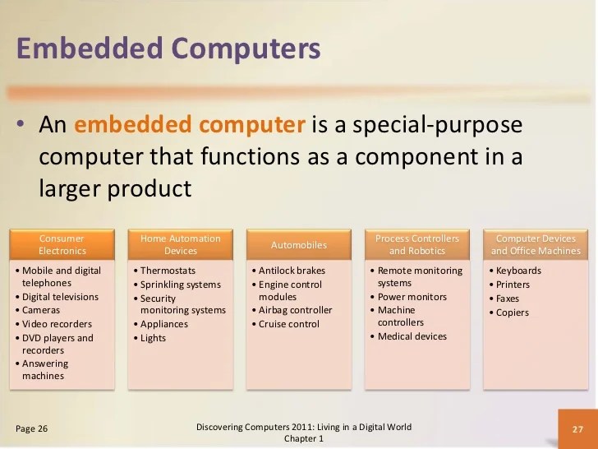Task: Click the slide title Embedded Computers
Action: [168, 49]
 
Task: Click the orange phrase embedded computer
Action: [190, 125]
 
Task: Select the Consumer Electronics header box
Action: [62, 244]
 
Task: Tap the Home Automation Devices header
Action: [181, 244]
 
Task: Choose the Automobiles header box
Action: [299, 244]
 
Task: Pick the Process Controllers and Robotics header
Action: [417, 244]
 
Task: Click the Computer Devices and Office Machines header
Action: [536, 244]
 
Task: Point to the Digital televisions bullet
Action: [60, 297]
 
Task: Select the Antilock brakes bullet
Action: [292, 271]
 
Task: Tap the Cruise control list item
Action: [288, 324]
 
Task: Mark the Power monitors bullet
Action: [412, 297]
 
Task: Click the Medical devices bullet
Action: [412, 336]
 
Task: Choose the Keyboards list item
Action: [518, 271]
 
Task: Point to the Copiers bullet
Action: [513, 312]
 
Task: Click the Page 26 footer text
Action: [31, 428]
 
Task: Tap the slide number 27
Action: [577, 428]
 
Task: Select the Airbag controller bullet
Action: [295, 310]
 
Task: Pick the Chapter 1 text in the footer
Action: [304, 438]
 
